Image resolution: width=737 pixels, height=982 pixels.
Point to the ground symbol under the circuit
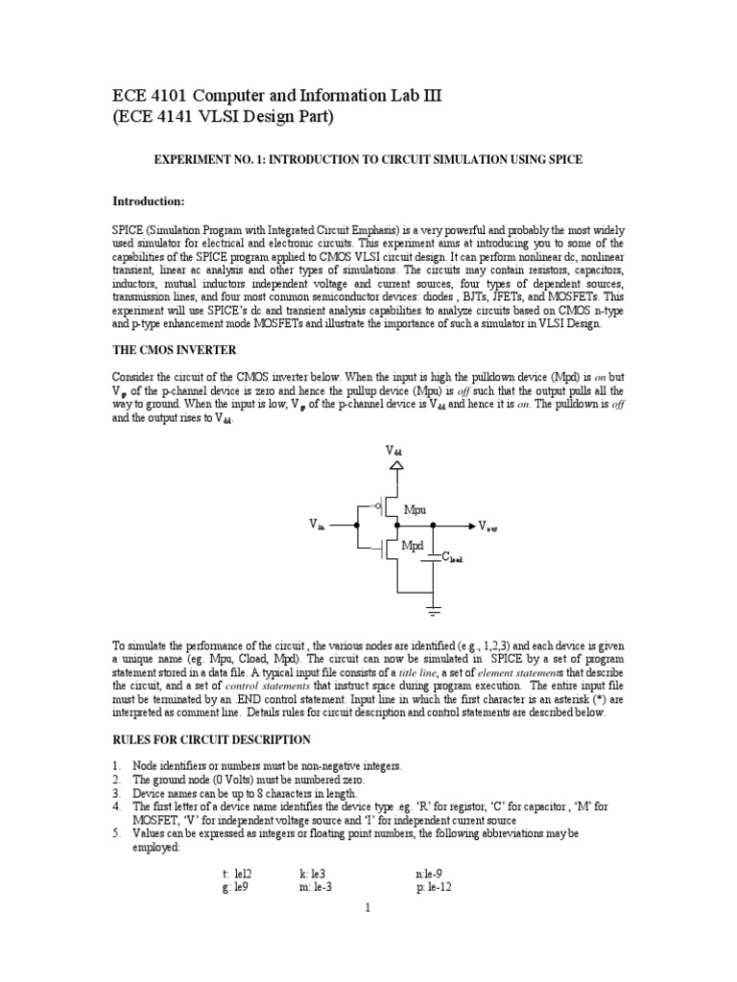[x=434, y=610]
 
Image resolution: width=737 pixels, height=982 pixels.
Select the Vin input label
[x=318, y=525]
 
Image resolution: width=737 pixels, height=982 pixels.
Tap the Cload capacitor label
[x=452, y=557]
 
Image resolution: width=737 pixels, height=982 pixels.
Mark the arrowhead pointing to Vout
[x=469, y=526]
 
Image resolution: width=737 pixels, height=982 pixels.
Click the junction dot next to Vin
[x=355, y=525]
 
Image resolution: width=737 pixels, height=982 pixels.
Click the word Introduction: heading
[x=149, y=201]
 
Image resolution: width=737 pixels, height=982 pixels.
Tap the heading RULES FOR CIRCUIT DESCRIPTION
[x=212, y=739]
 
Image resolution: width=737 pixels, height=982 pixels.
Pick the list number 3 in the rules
[x=116, y=794]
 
